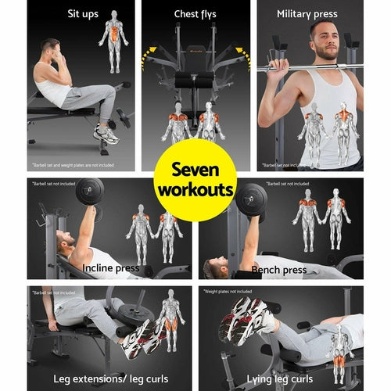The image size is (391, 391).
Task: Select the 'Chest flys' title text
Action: (195, 14)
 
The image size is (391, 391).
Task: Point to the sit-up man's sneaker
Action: (105, 134)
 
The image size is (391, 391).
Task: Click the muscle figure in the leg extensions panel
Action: (170, 319)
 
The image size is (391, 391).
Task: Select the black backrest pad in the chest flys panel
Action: (194, 81)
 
